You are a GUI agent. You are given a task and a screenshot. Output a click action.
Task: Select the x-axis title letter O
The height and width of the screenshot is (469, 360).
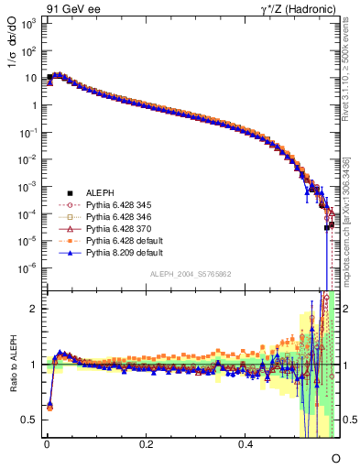[x=335, y=457]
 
